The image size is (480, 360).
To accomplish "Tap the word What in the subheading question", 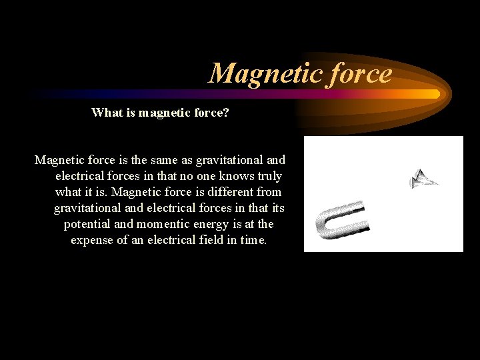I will [x=106, y=113].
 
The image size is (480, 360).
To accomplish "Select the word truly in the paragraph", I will [x=268, y=176].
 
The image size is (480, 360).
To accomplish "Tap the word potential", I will [x=87, y=224].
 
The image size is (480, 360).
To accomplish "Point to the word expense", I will [x=93, y=240].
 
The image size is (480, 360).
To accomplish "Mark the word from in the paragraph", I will [x=268, y=192].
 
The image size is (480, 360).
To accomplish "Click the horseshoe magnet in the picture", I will [x=342, y=220].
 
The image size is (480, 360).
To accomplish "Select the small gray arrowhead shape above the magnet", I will [x=423, y=178].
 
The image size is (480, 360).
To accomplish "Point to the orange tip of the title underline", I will [x=435, y=94].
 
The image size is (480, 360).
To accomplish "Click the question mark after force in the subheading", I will [x=226, y=113].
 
